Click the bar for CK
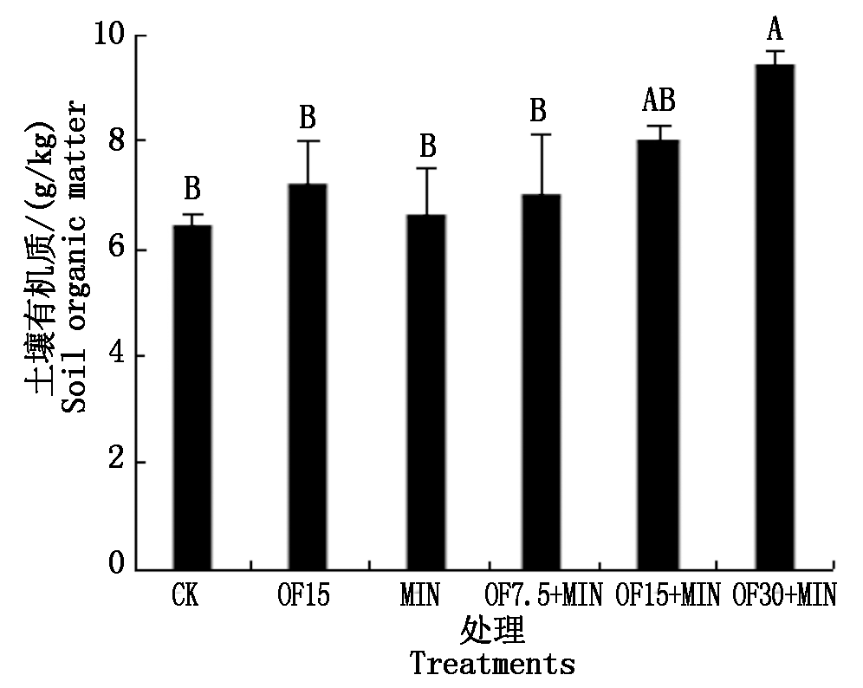(192, 397)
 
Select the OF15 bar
(309, 377)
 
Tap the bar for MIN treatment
(425, 392)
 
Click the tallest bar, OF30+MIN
(775, 317)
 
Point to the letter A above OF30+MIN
(775, 31)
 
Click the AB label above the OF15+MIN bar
(659, 101)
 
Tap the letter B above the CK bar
(192, 188)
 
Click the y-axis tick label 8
(114, 141)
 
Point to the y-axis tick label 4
(114, 356)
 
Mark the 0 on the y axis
(114, 568)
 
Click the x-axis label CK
(185, 596)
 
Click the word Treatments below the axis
(491, 665)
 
